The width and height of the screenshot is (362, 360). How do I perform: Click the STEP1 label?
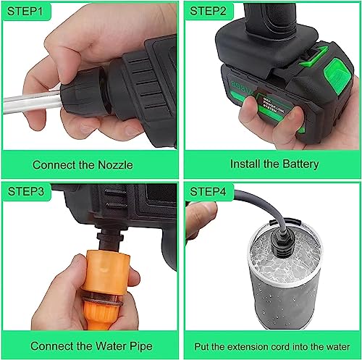pyautogui.click(x=27, y=12)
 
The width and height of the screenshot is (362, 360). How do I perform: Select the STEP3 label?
pyautogui.click(x=27, y=192)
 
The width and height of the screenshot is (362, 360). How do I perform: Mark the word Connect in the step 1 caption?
pyautogui.click(x=52, y=164)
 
